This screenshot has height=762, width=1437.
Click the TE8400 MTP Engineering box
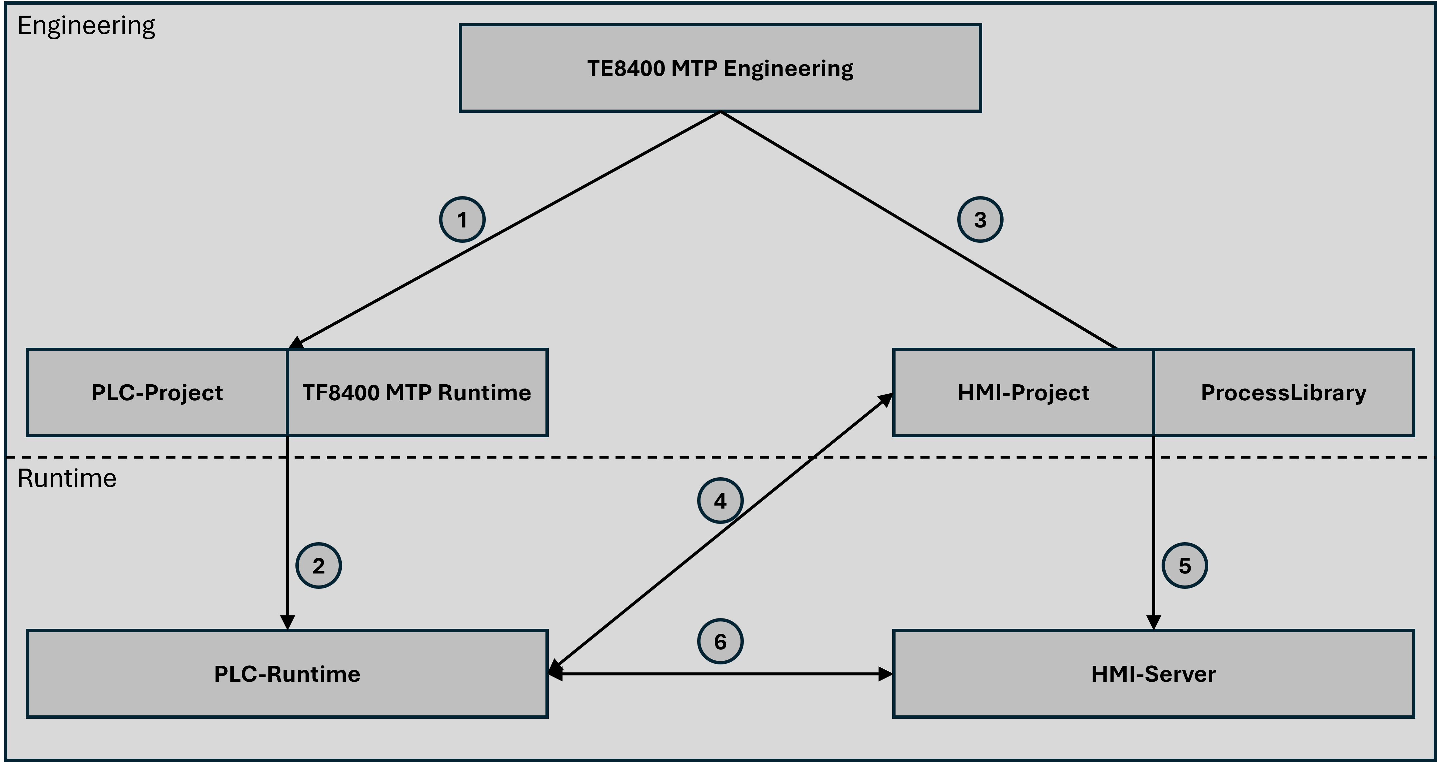coord(720,68)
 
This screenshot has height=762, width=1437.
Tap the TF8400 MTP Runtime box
coord(417,392)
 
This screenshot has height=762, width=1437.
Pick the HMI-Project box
coord(1023,392)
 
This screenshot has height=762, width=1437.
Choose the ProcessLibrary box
coord(1283,392)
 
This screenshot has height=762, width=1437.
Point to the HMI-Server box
coord(1153,674)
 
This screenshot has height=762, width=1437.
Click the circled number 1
coord(462,219)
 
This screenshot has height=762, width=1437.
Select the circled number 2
coord(318,566)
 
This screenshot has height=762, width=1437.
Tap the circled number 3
coord(980,219)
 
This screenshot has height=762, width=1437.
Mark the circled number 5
coord(1184,566)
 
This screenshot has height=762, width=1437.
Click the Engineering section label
coord(86,26)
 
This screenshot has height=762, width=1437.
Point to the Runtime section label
coord(67,478)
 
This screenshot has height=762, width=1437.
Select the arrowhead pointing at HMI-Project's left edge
coord(886,399)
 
